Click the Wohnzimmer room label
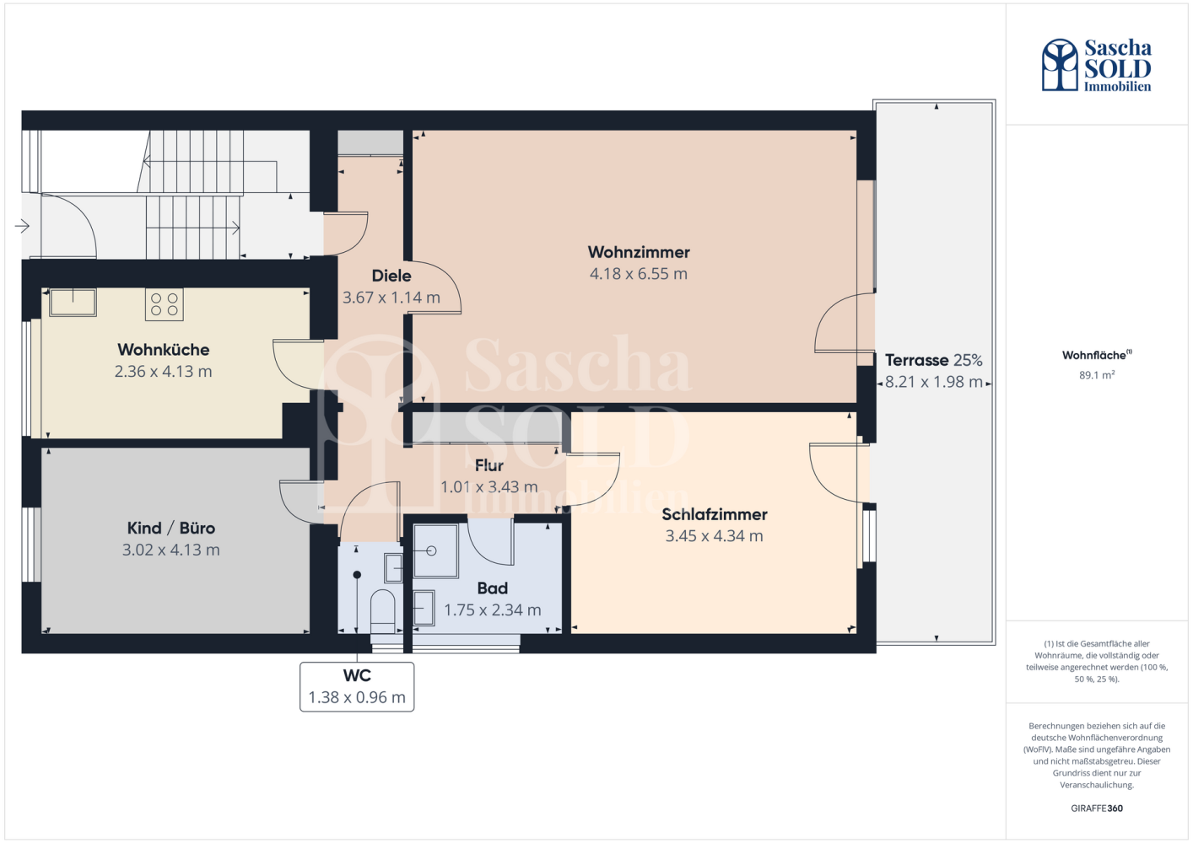[x=639, y=252]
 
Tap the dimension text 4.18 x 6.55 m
[x=639, y=273]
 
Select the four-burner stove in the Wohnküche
[x=165, y=304]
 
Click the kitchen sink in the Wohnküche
[x=73, y=303]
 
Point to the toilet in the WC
[x=382, y=611]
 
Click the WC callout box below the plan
[x=357, y=686]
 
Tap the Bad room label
[x=493, y=588]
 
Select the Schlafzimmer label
[x=715, y=514]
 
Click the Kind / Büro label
[x=171, y=528]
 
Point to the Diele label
[x=391, y=276]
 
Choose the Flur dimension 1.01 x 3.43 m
[x=489, y=486]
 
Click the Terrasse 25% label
[x=934, y=360]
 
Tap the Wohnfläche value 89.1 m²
[x=1097, y=374]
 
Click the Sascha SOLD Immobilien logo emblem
[x=1060, y=64]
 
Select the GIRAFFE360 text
[x=1097, y=808]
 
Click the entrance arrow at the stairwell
[x=22, y=226]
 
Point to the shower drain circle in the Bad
[x=431, y=550]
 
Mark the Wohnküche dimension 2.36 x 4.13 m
[x=164, y=371]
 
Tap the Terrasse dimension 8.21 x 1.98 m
[x=934, y=382]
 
